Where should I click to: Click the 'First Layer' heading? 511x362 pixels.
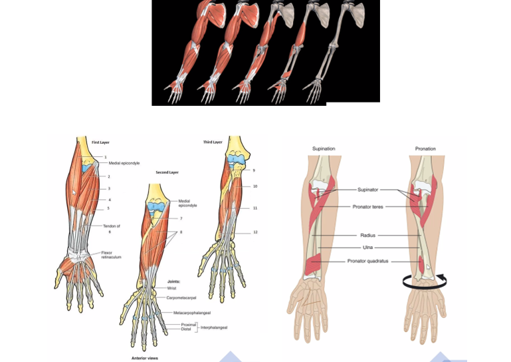(x=100, y=143)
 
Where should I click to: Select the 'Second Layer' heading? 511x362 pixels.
(x=167, y=172)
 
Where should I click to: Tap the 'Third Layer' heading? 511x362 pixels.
(x=213, y=142)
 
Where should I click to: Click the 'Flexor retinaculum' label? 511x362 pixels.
(x=112, y=255)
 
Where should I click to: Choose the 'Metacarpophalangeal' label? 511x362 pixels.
(x=192, y=312)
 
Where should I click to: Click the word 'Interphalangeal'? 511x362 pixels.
(x=214, y=327)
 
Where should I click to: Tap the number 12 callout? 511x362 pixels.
(x=255, y=232)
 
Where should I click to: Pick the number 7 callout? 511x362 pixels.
(x=181, y=218)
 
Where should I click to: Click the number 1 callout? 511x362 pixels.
(x=105, y=157)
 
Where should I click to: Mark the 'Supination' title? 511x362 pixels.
(x=324, y=148)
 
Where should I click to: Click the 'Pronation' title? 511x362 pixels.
(x=425, y=148)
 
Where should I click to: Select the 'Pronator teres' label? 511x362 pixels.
(x=367, y=207)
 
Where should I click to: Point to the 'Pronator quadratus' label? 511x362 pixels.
(x=367, y=261)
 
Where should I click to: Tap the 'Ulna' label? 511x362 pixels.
(x=367, y=248)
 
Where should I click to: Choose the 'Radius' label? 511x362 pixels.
(x=367, y=236)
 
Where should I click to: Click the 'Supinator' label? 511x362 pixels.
(x=367, y=190)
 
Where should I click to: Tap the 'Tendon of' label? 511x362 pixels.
(x=111, y=226)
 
